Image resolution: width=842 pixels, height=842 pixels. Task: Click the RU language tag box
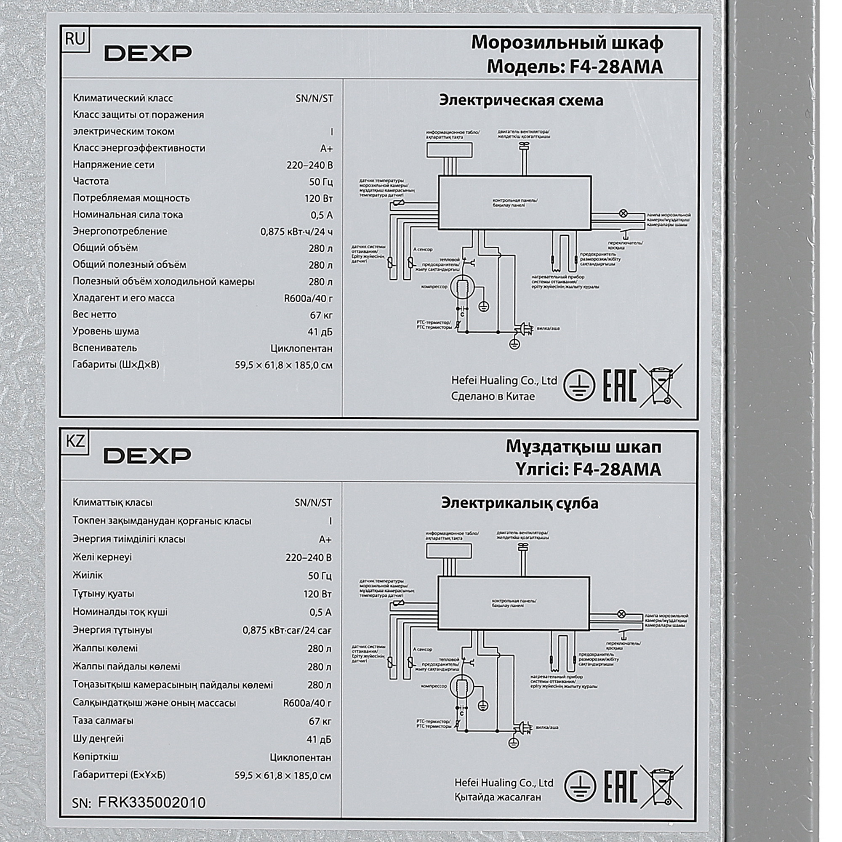(x=75, y=39)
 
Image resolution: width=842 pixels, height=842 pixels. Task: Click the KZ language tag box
(x=75, y=442)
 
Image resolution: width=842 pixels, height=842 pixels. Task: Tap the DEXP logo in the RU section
(x=147, y=53)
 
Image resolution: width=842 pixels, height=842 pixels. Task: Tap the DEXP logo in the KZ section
(x=147, y=456)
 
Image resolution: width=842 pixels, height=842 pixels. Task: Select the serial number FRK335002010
(x=151, y=802)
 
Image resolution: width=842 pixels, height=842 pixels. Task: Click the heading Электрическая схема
(x=521, y=100)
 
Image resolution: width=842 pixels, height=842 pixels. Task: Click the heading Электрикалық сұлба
(x=520, y=503)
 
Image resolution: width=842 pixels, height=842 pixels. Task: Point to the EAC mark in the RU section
(x=619, y=385)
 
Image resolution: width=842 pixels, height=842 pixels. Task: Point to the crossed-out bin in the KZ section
(x=661, y=788)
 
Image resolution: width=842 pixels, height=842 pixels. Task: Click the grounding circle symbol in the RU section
(x=579, y=385)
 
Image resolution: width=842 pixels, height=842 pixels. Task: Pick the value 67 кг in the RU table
(x=321, y=315)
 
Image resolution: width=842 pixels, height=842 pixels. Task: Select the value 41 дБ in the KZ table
(x=319, y=739)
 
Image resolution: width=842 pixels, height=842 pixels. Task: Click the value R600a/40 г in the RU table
(x=308, y=298)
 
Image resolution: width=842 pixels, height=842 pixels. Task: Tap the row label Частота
(x=91, y=181)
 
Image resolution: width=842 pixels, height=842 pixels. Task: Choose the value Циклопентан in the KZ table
(x=300, y=757)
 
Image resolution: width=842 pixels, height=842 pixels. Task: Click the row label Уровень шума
(x=106, y=331)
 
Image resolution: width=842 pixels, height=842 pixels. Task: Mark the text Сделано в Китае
(x=493, y=397)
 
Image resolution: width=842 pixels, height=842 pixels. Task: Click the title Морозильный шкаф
(x=567, y=43)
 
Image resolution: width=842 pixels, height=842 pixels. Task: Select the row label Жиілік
(x=88, y=575)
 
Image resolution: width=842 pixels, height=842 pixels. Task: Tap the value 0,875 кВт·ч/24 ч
(x=296, y=232)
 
